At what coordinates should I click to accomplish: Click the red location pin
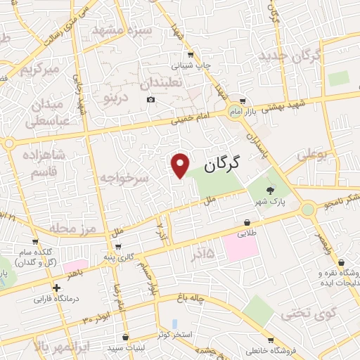pos(181,165)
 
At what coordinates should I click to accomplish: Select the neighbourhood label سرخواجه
pos(124,178)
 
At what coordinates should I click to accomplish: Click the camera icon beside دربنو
pos(151,100)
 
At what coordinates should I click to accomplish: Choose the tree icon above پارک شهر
pos(269,189)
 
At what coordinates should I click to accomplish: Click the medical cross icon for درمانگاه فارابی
pos(56,288)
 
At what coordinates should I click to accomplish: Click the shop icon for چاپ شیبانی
pos(191,55)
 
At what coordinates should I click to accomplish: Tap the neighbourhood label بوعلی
pos(313,154)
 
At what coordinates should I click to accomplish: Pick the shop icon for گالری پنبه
pos(117,246)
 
